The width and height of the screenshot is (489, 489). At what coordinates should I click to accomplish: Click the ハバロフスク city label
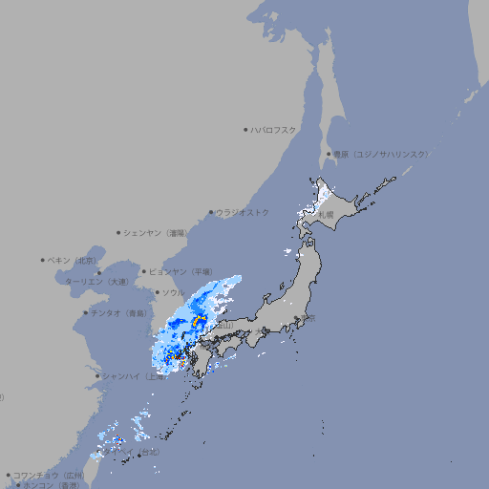coord(274,129)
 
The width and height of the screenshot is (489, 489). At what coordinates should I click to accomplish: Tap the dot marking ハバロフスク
coord(245,129)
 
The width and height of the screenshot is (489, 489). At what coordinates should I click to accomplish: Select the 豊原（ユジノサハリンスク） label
coord(380,154)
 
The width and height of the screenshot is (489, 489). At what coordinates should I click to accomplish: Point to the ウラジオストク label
coord(243,212)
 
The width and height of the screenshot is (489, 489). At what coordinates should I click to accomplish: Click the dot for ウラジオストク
coord(211,212)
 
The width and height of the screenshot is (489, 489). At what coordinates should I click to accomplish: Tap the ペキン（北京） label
coord(73,260)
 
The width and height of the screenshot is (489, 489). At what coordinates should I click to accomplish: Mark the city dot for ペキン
coord(43,260)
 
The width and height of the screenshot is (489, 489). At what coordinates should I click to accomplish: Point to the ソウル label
coord(174,292)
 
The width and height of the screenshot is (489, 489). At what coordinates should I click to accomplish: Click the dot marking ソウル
coord(157,292)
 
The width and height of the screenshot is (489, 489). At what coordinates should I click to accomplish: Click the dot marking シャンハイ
coord(97,375)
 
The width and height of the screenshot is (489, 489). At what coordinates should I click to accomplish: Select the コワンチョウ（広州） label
coord(49,475)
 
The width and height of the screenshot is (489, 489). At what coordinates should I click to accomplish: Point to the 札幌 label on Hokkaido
coord(327,215)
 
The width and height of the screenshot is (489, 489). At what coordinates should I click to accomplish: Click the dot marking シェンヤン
coord(118,232)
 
